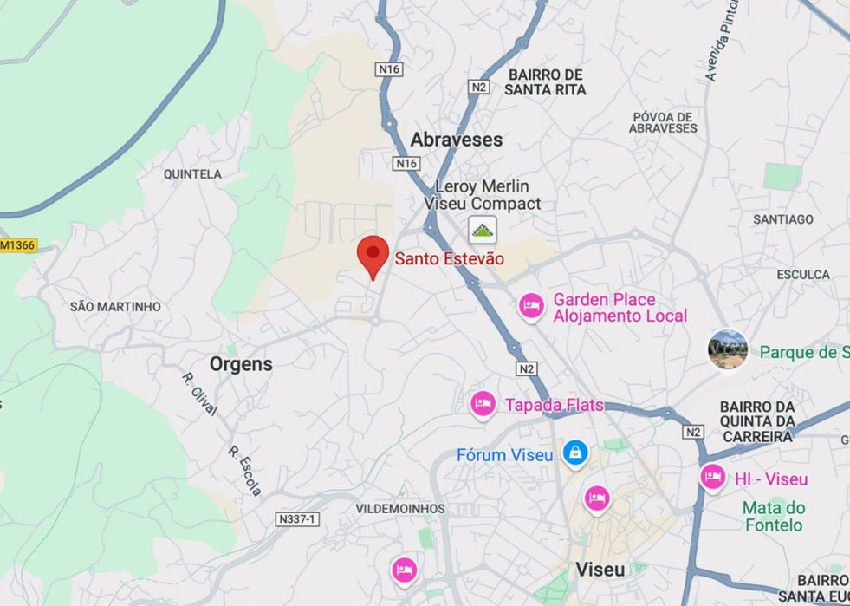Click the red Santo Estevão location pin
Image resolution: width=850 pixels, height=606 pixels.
tap(373, 254)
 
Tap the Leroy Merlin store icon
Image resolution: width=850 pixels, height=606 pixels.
tap(483, 231)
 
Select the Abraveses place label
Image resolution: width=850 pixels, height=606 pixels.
tap(456, 140)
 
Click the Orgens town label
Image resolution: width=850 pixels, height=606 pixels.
tap(241, 364)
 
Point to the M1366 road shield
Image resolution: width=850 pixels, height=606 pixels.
tap(18, 245)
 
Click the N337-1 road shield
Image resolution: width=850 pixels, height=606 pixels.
tap(297, 518)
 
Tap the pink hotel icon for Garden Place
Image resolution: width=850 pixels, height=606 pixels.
tap(530, 306)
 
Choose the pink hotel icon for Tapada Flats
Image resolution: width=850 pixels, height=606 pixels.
tap(483, 404)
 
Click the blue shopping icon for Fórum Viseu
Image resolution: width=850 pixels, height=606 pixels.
tap(574, 453)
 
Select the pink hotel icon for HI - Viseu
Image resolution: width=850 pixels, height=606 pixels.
tap(712, 478)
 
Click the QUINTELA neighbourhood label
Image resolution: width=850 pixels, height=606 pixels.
tap(192, 174)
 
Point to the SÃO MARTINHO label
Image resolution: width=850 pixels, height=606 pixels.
tap(115, 307)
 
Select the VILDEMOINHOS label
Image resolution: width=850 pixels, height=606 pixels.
tap(400, 509)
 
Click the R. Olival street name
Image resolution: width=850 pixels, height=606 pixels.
tap(199, 394)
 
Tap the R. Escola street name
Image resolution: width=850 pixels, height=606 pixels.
tap(245, 471)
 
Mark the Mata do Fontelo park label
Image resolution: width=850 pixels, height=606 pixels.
tap(773, 516)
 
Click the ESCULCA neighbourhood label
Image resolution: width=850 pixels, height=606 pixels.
tap(802, 275)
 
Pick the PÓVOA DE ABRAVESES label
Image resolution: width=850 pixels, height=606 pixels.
tap(663, 122)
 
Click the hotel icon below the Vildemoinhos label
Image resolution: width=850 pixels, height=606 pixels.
tap(404, 570)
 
